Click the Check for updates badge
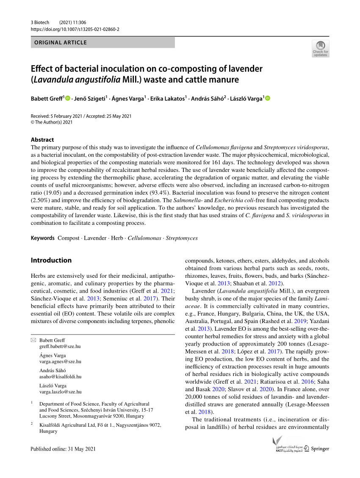(320, 49)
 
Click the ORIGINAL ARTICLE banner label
(61, 42)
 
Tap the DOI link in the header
(75, 29)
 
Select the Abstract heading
(42, 139)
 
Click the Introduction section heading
(51, 260)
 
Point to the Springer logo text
(320, 449)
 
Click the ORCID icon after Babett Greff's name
(68, 99)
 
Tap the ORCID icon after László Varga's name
(267, 99)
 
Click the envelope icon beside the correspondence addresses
(33, 340)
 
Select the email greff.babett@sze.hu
(60, 346)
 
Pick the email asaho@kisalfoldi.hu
(60, 376)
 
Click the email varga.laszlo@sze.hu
(61, 392)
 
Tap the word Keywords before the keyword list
(43, 238)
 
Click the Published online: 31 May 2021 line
(64, 449)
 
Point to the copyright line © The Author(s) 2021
(52, 122)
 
